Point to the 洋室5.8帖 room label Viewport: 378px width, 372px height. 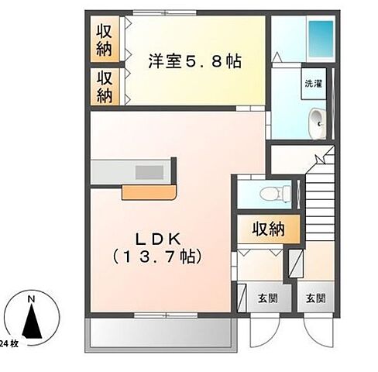194,60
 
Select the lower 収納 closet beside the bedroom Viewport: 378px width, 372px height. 104,86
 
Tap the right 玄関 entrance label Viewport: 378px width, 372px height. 315,297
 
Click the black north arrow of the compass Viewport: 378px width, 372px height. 30,322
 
